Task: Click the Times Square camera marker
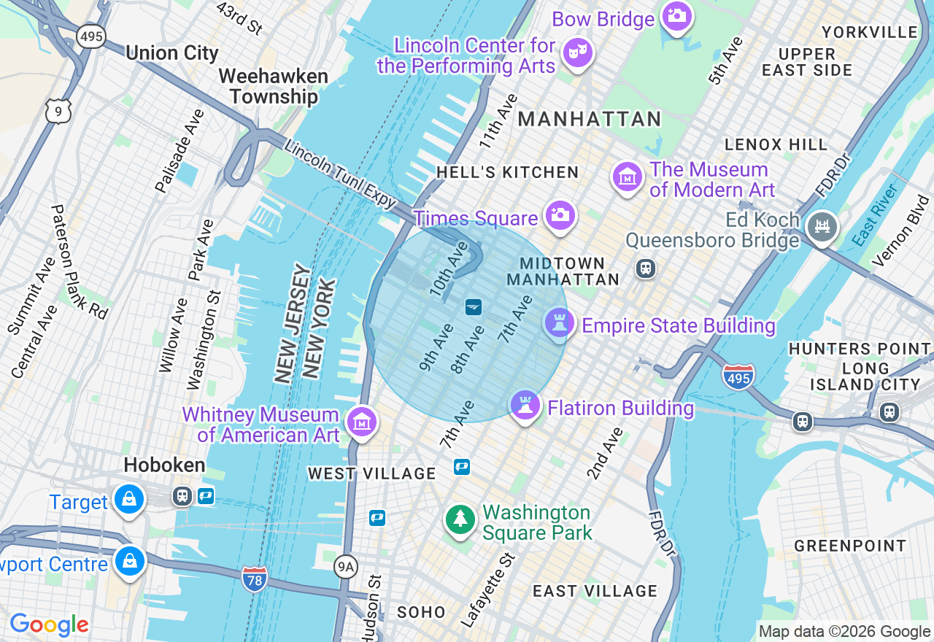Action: click(560, 215)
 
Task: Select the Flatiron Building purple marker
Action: click(525, 405)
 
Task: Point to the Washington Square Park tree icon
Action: click(460, 519)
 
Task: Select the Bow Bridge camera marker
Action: click(676, 15)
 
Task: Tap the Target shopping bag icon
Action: click(129, 500)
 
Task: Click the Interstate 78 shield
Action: click(254, 579)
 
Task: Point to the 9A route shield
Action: click(347, 565)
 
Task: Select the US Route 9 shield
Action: click(58, 111)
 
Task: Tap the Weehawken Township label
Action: click(274, 86)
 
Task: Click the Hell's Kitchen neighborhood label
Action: click(507, 173)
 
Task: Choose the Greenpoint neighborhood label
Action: click(849, 546)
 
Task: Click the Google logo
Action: click(49, 624)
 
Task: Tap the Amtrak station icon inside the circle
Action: click(474, 306)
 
